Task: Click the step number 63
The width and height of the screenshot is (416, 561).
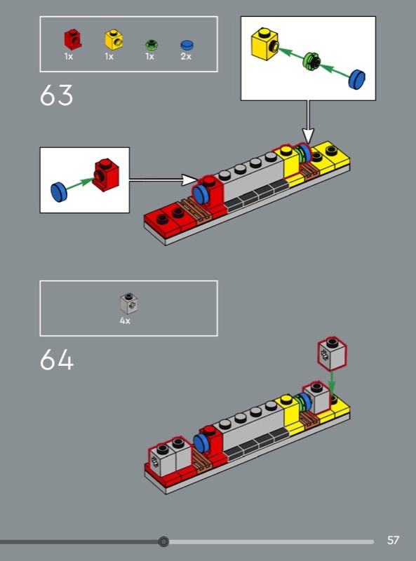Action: click(56, 95)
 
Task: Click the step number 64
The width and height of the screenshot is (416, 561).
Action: click(57, 360)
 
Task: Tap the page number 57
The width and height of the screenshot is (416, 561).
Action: click(393, 540)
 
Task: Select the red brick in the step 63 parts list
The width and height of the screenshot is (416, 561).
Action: click(73, 39)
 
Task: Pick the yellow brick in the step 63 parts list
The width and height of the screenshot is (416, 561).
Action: click(114, 39)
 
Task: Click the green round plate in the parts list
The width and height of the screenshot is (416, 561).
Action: click(152, 45)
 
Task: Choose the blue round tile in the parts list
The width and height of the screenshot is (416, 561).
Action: click(187, 45)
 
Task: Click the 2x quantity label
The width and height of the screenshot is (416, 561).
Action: click(186, 57)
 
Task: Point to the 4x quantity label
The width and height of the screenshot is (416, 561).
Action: click(125, 321)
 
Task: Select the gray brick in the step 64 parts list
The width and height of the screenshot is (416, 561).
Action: click(129, 304)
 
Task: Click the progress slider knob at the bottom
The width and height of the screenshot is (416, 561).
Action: click(163, 541)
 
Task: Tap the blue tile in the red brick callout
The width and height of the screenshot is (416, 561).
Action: click(59, 191)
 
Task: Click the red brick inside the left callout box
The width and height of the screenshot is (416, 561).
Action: click(105, 174)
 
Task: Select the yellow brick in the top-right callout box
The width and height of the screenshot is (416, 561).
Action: click(265, 43)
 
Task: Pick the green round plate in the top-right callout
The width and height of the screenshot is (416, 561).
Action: click(312, 61)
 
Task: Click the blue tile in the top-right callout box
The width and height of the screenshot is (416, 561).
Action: click(357, 79)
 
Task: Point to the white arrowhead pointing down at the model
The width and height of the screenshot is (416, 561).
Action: click(308, 135)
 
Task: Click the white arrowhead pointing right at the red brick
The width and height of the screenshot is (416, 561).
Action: click(189, 180)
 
